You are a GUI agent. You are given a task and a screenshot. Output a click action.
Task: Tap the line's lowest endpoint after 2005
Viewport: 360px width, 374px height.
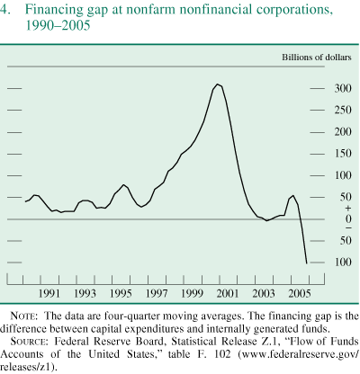(x=307, y=263)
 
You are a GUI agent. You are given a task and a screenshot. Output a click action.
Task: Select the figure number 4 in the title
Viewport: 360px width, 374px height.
(x=7, y=10)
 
